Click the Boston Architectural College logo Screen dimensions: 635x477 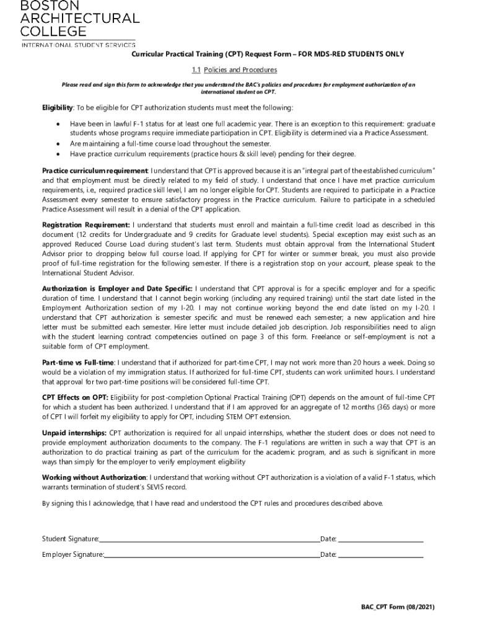tap(81, 19)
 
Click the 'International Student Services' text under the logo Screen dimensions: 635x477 tap(78, 45)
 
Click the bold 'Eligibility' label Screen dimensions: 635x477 tap(58, 109)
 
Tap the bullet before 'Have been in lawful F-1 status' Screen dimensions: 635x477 tap(58, 124)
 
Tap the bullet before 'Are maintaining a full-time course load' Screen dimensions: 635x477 tap(58, 143)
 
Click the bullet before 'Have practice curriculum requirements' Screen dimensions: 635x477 tap(58, 154)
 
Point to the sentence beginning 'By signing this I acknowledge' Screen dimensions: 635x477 tap(212, 503)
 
